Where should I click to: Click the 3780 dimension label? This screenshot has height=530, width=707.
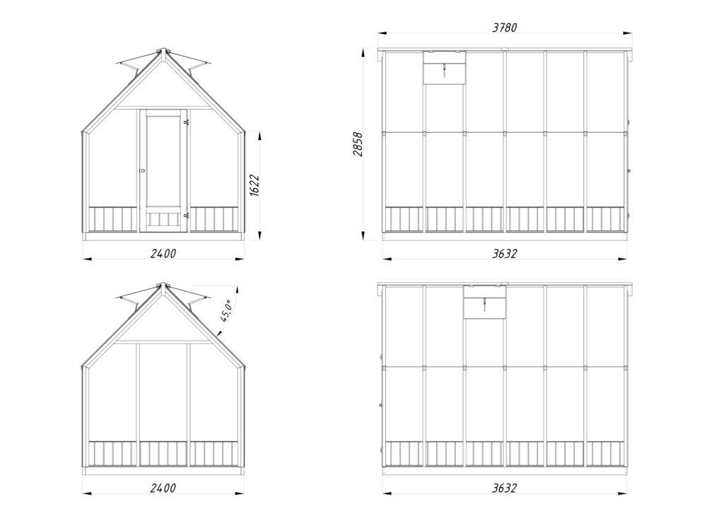point(505,28)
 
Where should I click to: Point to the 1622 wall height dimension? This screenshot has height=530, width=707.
point(255,184)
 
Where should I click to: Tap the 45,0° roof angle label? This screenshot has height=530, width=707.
point(226,310)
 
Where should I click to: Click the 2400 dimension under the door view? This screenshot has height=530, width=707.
point(163,254)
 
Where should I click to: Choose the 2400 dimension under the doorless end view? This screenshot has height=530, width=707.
point(163,488)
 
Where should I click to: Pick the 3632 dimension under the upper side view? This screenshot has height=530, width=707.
point(505,254)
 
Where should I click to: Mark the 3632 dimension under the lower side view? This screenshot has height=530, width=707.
point(505,488)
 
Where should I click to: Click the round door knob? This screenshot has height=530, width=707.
point(143,171)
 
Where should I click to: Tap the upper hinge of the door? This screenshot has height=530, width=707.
point(186,122)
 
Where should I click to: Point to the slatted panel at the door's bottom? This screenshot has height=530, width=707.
point(163,220)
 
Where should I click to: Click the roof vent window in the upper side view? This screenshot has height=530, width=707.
point(444,68)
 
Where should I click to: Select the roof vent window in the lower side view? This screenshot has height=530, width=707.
point(485,302)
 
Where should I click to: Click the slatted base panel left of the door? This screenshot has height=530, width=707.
point(112,220)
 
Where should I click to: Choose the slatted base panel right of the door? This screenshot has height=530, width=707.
point(214,220)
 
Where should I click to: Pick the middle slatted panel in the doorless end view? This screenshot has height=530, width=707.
point(163,454)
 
